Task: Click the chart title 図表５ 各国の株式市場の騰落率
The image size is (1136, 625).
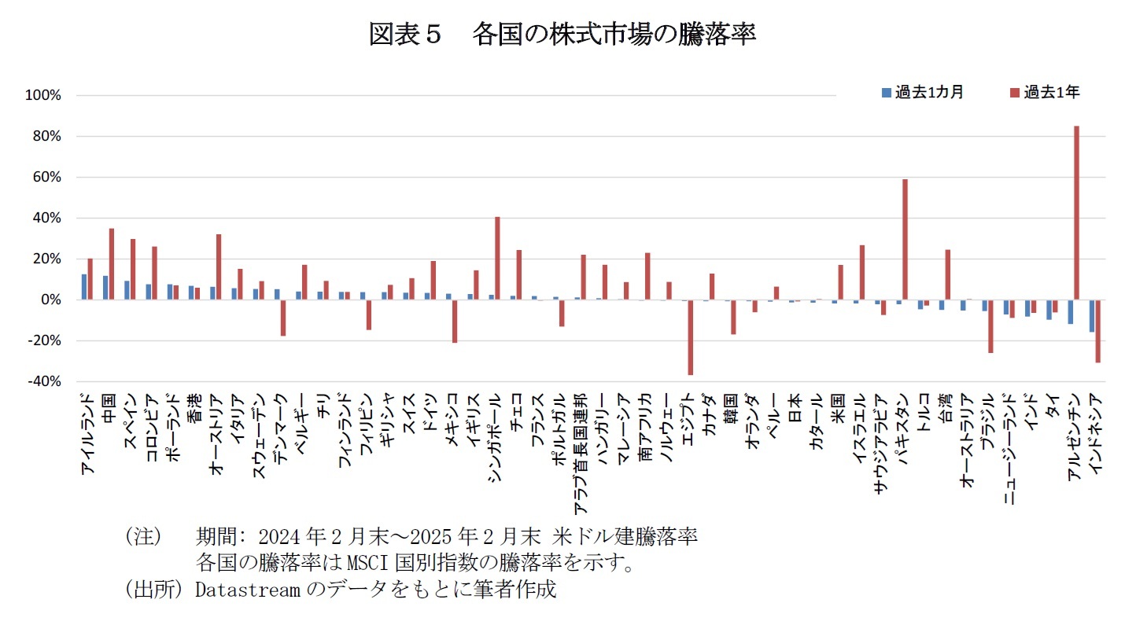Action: (562, 35)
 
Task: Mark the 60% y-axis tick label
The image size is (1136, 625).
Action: (46, 178)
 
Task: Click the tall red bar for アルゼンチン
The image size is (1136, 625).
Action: (1076, 212)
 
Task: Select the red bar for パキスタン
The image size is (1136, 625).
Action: (905, 239)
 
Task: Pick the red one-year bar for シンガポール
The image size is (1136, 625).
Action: (497, 258)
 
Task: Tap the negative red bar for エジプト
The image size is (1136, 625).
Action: (691, 337)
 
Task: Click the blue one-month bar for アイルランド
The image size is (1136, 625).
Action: (84, 287)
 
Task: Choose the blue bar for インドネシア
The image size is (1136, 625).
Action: (1091, 315)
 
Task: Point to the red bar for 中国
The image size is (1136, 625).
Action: (112, 264)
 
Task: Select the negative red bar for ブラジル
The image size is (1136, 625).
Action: (990, 325)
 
